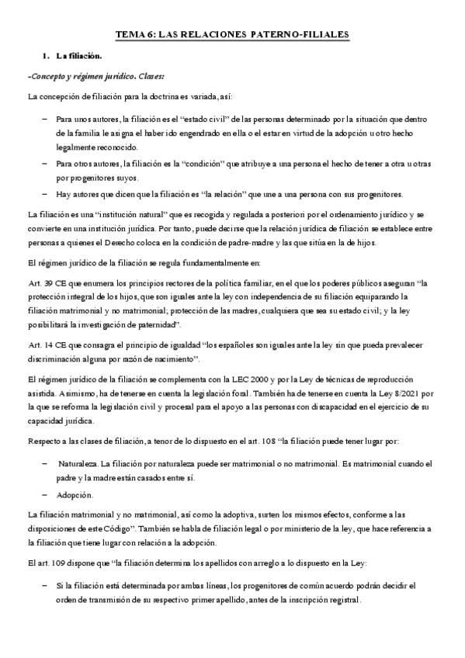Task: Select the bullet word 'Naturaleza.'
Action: coord(79,462)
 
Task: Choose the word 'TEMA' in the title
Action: coord(130,35)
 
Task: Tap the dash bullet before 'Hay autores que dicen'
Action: coord(43,193)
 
